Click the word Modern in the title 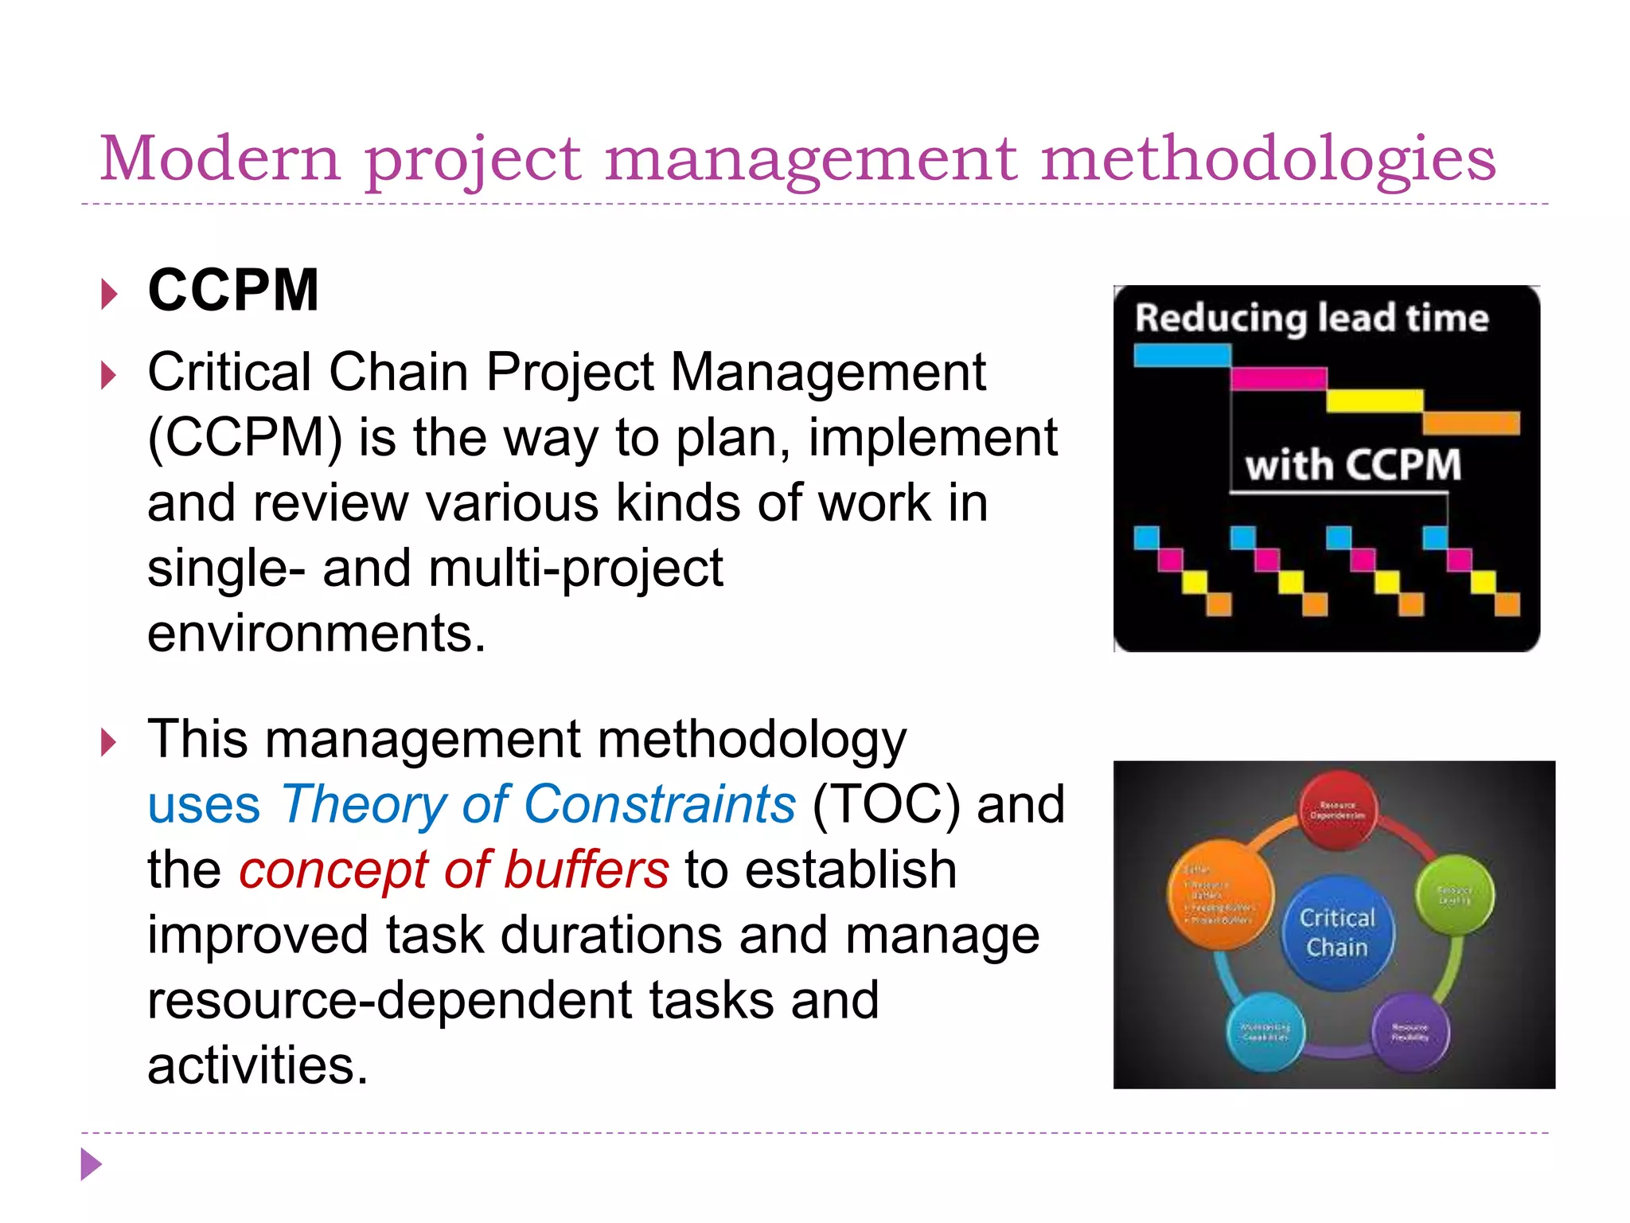(x=220, y=158)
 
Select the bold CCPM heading (x=233, y=291)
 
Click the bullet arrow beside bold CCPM (x=110, y=294)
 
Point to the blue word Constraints (x=659, y=804)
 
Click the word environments (x=316, y=634)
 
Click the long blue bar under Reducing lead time (x=1182, y=355)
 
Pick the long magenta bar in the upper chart (x=1278, y=378)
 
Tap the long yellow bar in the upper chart (x=1375, y=401)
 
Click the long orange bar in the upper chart (x=1471, y=423)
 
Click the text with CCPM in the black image (x=1353, y=465)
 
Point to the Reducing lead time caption (x=1311, y=318)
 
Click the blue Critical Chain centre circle (x=1338, y=933)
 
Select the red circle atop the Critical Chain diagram (x=1338, y=810)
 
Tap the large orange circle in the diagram (x=1220, y=894)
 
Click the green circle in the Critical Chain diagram (x=1455, y=895)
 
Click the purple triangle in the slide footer (x=91, y=1164)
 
